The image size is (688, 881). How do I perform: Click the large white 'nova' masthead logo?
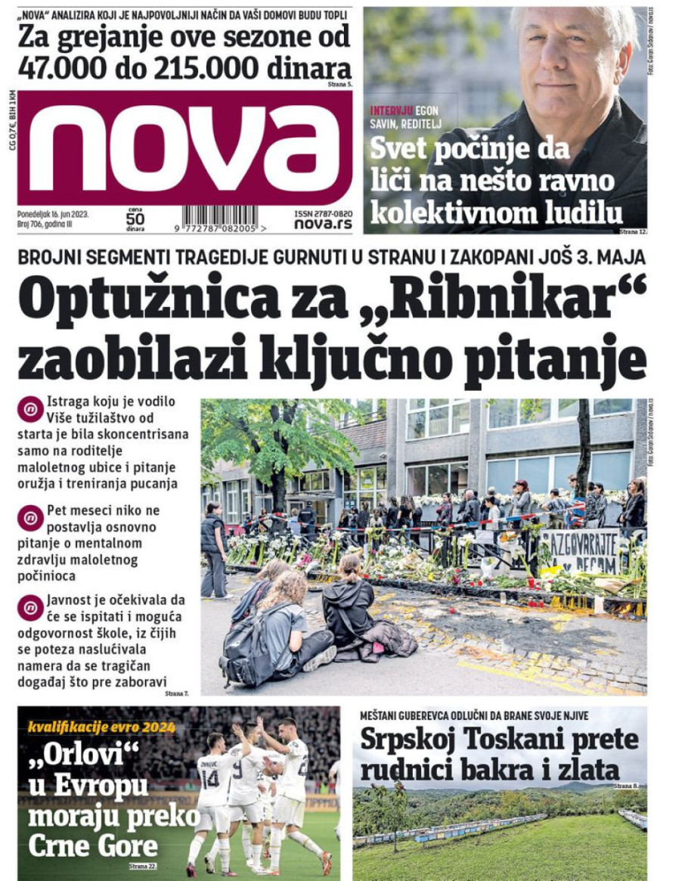(184, 148)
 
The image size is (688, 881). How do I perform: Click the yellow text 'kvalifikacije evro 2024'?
(101, 727)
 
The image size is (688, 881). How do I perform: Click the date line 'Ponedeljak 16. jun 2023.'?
(54, 214)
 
